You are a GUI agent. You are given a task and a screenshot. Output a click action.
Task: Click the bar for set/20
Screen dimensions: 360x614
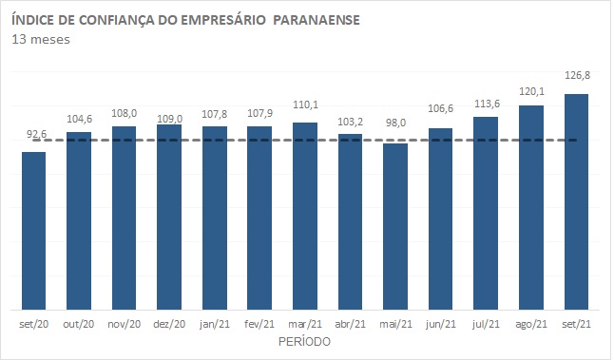click(34, 230)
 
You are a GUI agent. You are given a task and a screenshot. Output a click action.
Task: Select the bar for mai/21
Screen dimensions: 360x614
click(395, 226)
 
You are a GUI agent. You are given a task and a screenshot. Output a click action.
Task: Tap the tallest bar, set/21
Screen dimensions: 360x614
click(576, 201)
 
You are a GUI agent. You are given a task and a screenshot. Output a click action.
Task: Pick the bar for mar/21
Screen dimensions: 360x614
click(305, 216)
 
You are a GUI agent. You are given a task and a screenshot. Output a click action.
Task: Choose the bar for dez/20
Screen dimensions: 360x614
click(169, 217)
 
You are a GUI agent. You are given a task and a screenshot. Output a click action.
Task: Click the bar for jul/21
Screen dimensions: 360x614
click(486, 213)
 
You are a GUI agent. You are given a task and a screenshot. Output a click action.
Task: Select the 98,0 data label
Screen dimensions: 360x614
click(395, 134)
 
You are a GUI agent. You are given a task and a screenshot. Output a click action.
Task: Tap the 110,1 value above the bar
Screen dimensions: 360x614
click(305, 111)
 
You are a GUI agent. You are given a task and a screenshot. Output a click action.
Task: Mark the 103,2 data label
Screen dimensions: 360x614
click(351, 123)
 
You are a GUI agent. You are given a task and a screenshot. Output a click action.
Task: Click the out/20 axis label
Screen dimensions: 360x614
click(79, 325)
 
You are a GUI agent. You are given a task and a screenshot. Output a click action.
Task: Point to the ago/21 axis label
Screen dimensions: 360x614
click(530, 325)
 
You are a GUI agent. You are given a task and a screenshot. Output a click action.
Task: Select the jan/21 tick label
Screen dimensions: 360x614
click(215, 325)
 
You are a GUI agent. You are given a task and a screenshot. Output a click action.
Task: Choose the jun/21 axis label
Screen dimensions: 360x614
click(440, 325)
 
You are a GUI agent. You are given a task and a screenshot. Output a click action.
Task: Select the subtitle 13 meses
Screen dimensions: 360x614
click(41, 39)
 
